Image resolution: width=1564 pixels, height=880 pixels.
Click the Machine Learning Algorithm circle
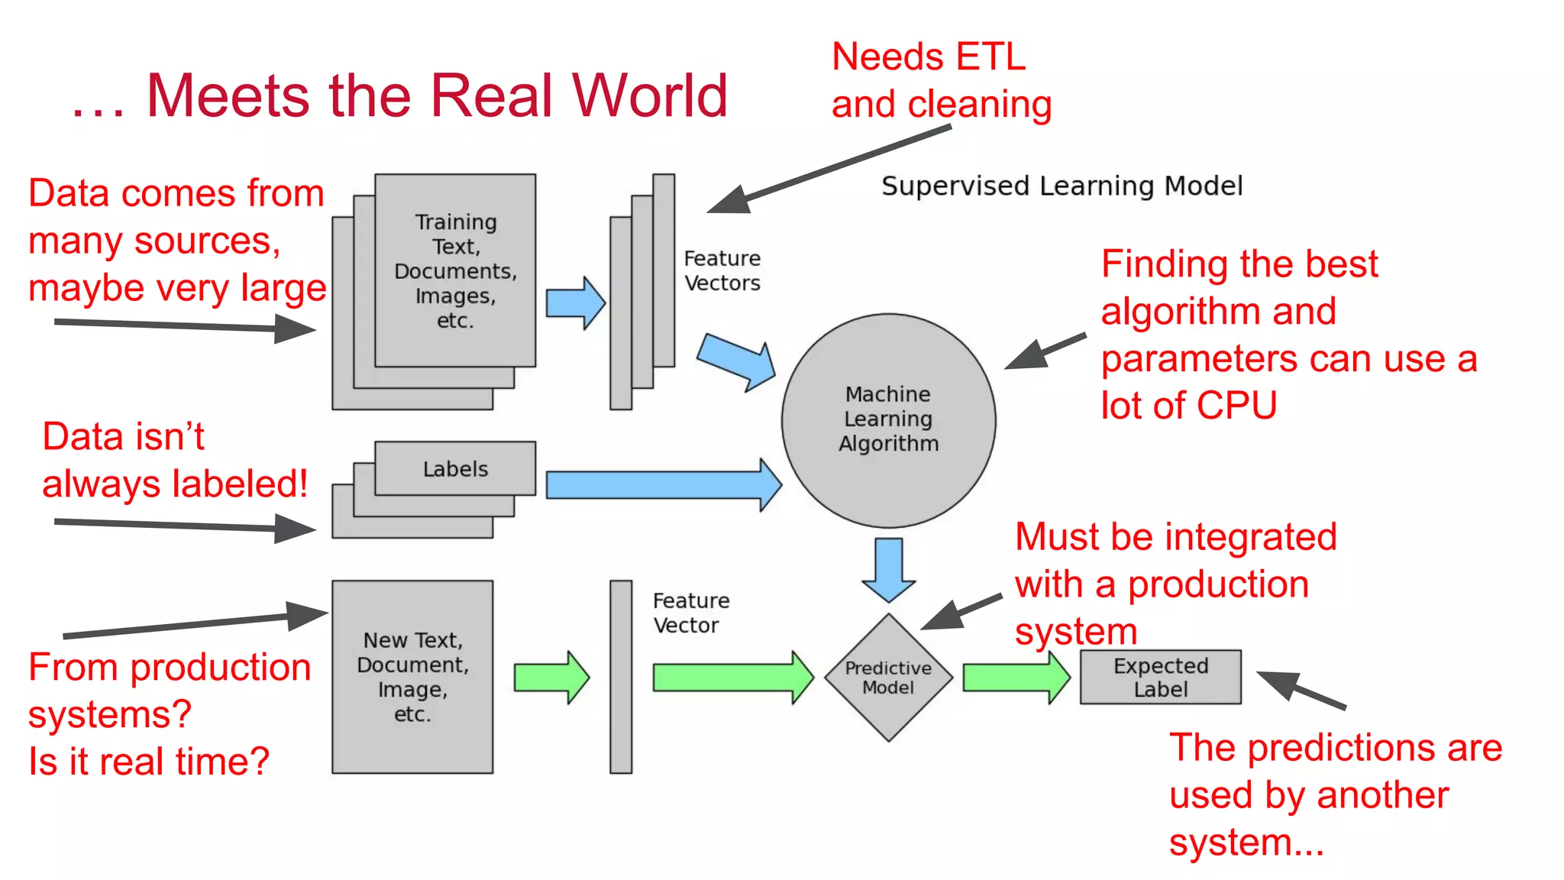[x=888, y=419]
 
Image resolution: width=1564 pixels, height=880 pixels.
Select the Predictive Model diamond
[x=888, y=678]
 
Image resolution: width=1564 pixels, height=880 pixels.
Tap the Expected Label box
[x=1160, y=677]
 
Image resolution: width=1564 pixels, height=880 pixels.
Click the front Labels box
[x=455, y=468]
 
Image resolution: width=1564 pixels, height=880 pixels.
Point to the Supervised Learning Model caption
[x=1062, y=186]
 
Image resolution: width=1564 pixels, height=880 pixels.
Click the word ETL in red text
[x=990, y=57]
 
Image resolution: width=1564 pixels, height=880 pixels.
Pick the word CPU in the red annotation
[x=1237, y=405]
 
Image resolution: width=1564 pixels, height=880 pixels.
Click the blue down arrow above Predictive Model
[x=888, y=570]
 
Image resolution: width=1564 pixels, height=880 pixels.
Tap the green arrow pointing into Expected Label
[x=1016, y=677]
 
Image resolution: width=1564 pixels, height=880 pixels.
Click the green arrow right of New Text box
[x=551, y=677]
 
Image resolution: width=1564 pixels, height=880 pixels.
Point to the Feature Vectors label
[x=722, y=270]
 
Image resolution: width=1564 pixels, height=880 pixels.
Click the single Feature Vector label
[x=690, y=613]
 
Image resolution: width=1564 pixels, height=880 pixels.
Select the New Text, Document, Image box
[x=412, y=677]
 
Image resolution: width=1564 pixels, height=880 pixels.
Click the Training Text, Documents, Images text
[x=455, y=270]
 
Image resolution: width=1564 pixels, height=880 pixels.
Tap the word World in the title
[x=649, y=96]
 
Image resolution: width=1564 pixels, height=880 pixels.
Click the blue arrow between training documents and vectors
[x=575, y=303]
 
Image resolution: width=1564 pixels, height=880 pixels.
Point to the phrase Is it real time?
[x=149, y=762]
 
